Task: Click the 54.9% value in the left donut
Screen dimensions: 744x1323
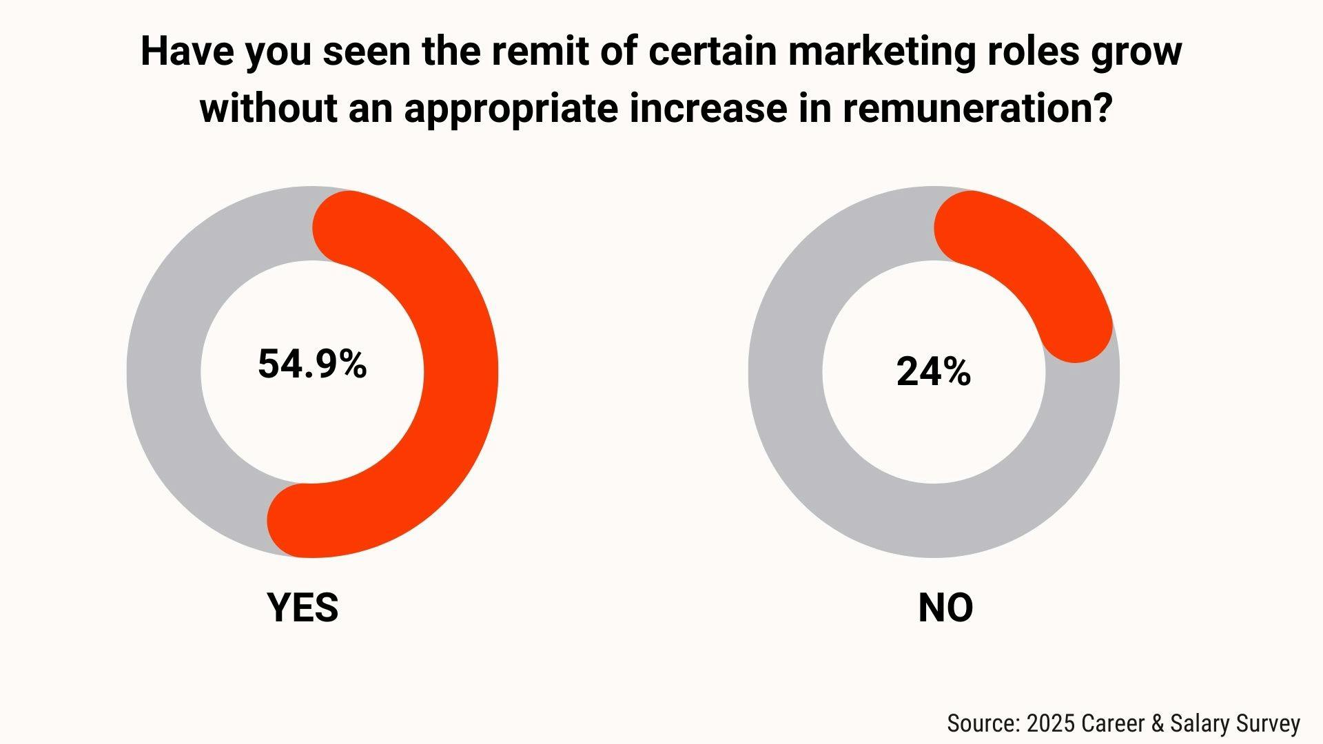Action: [312, 364]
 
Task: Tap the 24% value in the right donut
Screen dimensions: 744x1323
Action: [934, 372]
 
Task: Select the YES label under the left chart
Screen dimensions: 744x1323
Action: [302, 608]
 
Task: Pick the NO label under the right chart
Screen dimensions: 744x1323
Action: [945, 608]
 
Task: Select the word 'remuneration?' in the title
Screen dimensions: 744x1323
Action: [978, 108]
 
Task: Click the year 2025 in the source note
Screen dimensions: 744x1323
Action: [1051, 723]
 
